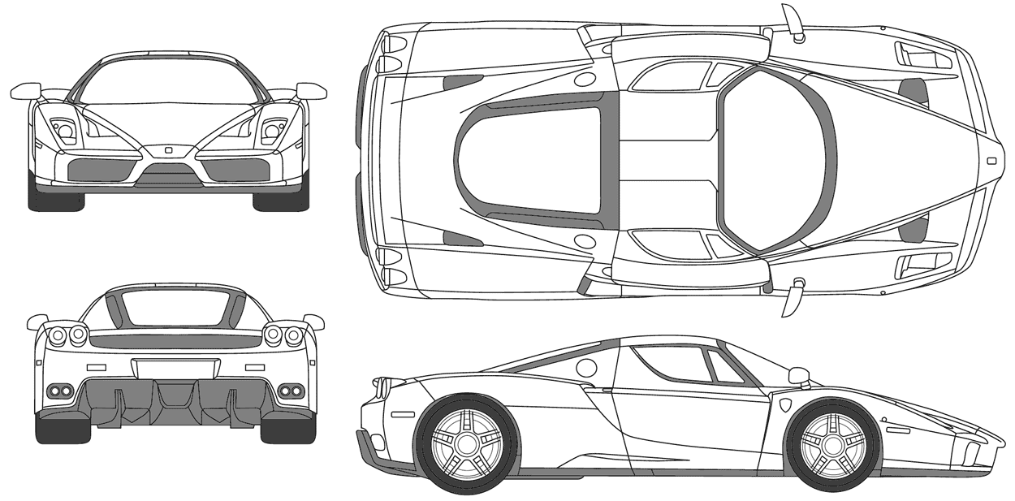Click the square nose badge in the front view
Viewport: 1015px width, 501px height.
(x=168, y=150)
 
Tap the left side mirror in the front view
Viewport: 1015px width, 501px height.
(x=27, y=90)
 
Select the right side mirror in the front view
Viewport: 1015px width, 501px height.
(x=311, y=90)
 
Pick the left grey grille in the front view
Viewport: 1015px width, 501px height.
(x=101, y=170)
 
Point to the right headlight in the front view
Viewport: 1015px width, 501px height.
(x=271, y=129)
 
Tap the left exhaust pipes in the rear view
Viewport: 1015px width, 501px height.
(x=60, y=391)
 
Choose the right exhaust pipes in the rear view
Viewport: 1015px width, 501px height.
(x=290, y=391)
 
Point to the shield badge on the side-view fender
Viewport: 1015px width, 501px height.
(x=786, y=404)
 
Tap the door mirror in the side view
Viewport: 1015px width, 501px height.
(x=799, y=376)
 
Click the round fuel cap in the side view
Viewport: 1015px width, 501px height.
(x=585, y=368)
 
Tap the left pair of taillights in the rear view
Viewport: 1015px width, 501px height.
(x=67, y=335)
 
